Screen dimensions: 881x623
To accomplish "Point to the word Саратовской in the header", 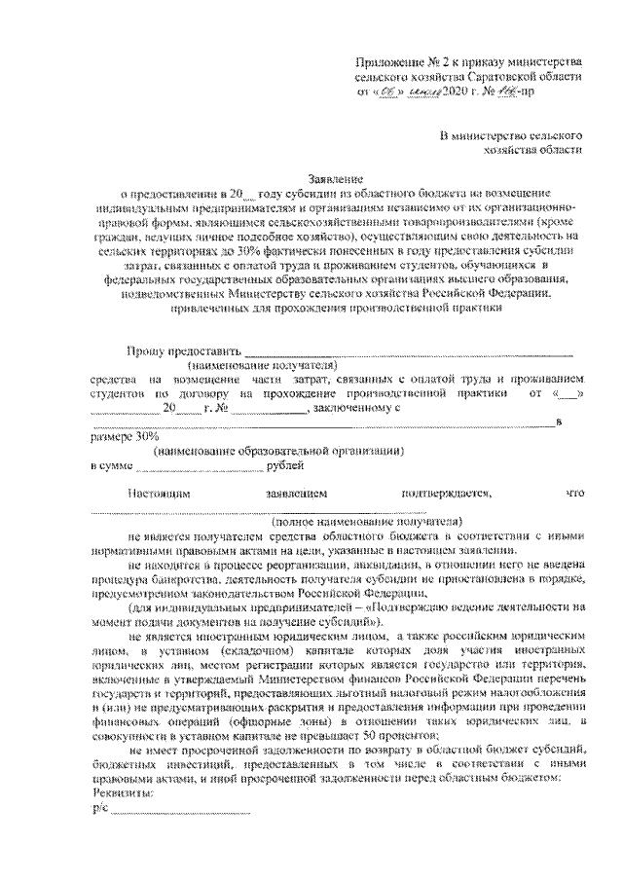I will (x=496, y=75).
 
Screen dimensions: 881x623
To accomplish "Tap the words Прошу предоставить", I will (x=182, y=351).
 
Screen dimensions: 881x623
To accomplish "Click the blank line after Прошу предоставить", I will (x=408, y=353).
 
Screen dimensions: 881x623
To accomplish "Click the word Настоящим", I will (x=159, y=495).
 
